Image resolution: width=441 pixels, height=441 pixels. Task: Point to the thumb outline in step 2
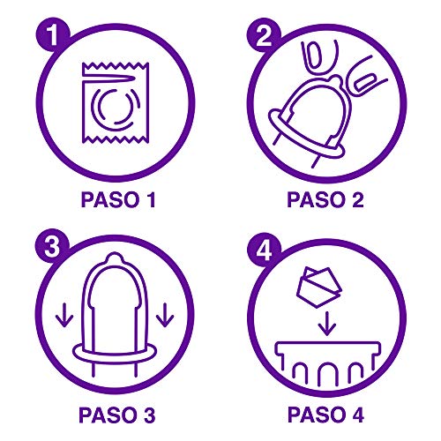(x=315, y=62)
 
